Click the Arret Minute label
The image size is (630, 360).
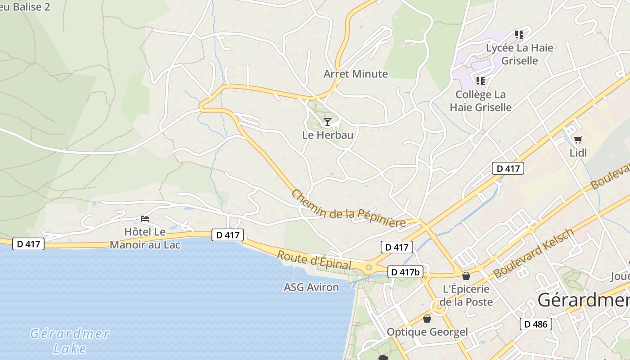(x=355, y=74)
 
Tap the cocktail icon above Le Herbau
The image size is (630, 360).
(x=328, y=121)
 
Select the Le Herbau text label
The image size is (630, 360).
(x=328, y=135)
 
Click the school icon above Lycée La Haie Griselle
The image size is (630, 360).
(x=519, y=35)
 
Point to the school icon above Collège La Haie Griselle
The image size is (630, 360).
(x=481, y=81)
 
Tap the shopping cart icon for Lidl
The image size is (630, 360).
(x=578, y=139)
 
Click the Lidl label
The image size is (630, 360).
(x=578, y=153)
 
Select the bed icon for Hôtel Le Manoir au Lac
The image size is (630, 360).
(x=145, y=219)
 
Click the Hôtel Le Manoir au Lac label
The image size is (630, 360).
(x=145, y=238)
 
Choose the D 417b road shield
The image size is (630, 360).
(x=405, y=272)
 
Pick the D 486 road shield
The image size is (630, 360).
(x=535, y=324)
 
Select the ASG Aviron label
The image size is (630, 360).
(x=311, y=287)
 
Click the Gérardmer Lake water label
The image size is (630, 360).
(x=70, y=341)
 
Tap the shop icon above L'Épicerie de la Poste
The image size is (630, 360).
(x=466, y=275)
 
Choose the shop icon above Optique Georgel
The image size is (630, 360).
(x=427, y=319)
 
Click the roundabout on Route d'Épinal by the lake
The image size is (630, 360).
(x=369, y=267)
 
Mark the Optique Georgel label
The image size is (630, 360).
(x=427, y=332)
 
